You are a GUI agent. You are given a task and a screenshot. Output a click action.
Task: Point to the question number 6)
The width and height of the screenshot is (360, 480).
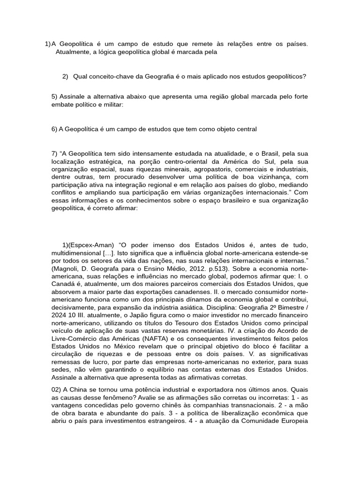coord(54,129)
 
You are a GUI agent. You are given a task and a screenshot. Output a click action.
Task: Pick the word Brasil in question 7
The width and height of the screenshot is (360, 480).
coord(279,153)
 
